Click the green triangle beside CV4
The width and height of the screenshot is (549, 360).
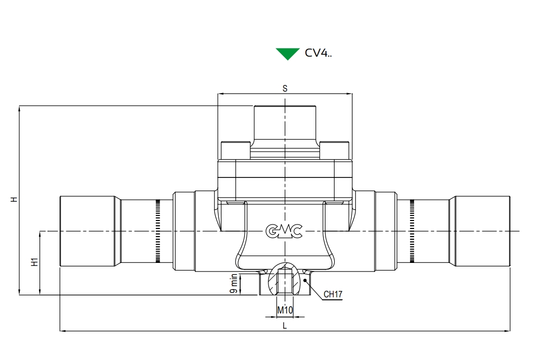[288, 54]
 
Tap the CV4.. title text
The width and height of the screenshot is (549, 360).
[318, 53]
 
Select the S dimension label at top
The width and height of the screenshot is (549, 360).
[285, 88]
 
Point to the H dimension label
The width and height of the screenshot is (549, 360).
[14, 200]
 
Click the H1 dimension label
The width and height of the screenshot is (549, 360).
[34, 262]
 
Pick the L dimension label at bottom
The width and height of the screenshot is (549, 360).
[285, 326]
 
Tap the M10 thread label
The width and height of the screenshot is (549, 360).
[285, 310]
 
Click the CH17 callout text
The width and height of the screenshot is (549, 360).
[333, 294]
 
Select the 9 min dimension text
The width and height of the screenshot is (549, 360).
[234, 284]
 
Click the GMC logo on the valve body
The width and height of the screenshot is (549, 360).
[284, 231]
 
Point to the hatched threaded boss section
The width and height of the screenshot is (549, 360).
[285, 279]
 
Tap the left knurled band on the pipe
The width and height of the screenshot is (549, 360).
[158, 231]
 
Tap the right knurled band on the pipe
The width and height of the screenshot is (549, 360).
[412, 231]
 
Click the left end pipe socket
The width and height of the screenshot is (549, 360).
[87, 231]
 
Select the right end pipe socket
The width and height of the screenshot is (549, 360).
[482, 231]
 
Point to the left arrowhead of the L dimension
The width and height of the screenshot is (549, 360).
[63, 330]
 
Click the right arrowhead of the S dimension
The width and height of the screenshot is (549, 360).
[349, 94]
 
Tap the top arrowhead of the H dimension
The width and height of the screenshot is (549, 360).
[19, 109]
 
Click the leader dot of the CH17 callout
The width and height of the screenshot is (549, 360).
[305, 280]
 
